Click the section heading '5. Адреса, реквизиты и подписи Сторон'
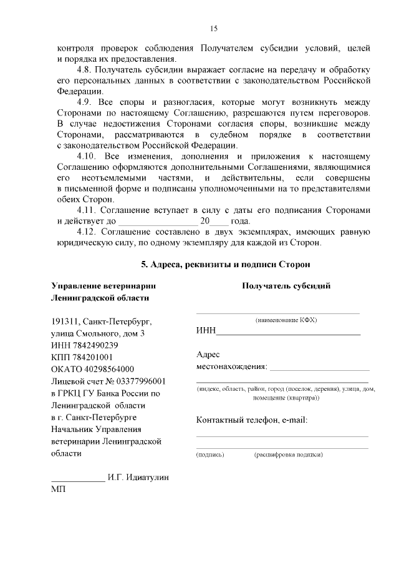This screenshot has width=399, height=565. (x=225, y=265)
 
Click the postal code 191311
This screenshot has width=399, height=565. (x=65, y=322)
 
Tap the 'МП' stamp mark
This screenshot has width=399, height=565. (x=57, y=490)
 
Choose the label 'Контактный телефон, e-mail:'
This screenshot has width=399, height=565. (x=251, y=420)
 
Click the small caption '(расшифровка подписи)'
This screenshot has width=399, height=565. (x=288, y=454)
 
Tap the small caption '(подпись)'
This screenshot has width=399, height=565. (x=210, y=454)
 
